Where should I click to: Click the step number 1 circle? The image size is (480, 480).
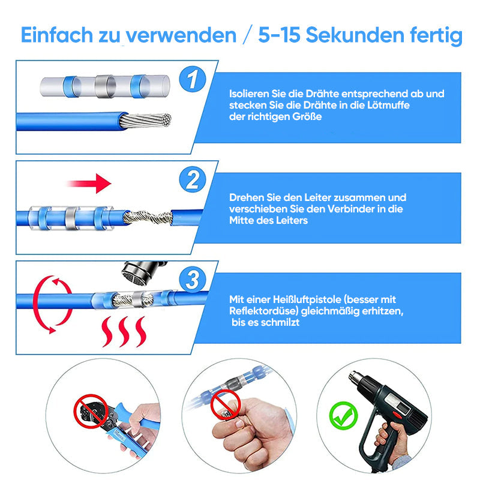(192, 79)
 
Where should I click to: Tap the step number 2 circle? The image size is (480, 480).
(192, 179)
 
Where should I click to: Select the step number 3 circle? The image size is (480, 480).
(192, 280)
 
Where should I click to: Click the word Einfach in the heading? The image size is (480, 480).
(56, 35)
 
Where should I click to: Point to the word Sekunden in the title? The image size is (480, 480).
(355, 35)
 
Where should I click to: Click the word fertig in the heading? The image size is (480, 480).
(436, 36)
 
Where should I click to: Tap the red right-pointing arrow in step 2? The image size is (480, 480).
(89, 184)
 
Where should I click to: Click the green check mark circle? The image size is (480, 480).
(343, 416)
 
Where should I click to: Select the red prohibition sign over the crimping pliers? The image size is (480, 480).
(91, 411)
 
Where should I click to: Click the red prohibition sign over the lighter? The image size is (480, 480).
(226, 404)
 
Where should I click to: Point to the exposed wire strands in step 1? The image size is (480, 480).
(145, 120)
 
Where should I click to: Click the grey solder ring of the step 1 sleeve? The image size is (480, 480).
(105, 86)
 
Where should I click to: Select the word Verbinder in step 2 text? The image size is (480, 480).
(351, 209)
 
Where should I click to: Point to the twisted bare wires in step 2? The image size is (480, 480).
(148, 218)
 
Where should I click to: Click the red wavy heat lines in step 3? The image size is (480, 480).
(124, 332)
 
